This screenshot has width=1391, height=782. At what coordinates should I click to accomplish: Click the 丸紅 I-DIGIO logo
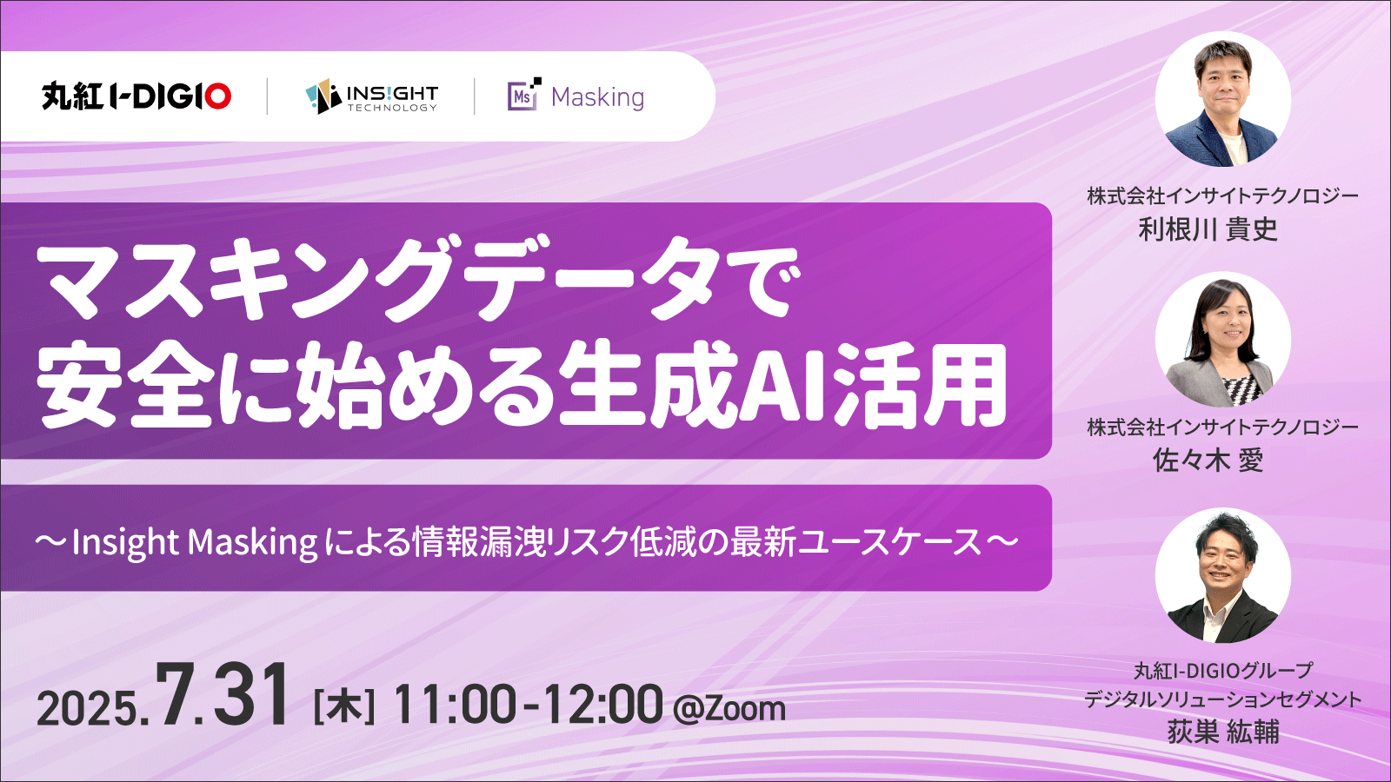[136, 96]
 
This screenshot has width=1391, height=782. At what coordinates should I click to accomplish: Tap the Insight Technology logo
[371, 96]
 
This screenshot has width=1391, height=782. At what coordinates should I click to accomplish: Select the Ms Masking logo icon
[524, 95]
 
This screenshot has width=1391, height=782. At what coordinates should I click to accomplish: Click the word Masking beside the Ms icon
[597, 97]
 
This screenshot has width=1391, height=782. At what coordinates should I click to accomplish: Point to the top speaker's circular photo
[1222, 99]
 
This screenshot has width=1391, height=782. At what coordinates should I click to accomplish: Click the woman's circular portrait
[1222, 340]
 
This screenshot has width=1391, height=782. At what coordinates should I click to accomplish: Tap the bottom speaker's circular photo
[1222, 575]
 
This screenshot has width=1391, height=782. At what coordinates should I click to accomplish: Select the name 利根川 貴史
[1208, 229]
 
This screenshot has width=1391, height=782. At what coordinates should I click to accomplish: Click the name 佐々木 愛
[1208, 461]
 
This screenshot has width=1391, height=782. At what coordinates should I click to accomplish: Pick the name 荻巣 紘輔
[1222, 732]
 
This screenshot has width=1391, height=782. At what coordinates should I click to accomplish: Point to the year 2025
[88, 708]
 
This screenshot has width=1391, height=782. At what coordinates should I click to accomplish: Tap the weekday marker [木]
[344, 708]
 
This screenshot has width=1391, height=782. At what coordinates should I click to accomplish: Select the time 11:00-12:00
[528, 705]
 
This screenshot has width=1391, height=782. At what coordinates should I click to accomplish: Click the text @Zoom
[729, 709]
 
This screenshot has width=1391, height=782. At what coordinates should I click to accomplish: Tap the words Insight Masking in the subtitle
[195, 542]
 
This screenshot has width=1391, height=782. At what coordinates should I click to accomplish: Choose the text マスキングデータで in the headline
[416, 279]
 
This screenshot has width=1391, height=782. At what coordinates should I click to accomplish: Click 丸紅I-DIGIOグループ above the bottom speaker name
[1222, 671]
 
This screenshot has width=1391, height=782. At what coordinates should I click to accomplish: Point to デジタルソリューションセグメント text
[1222, 699]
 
